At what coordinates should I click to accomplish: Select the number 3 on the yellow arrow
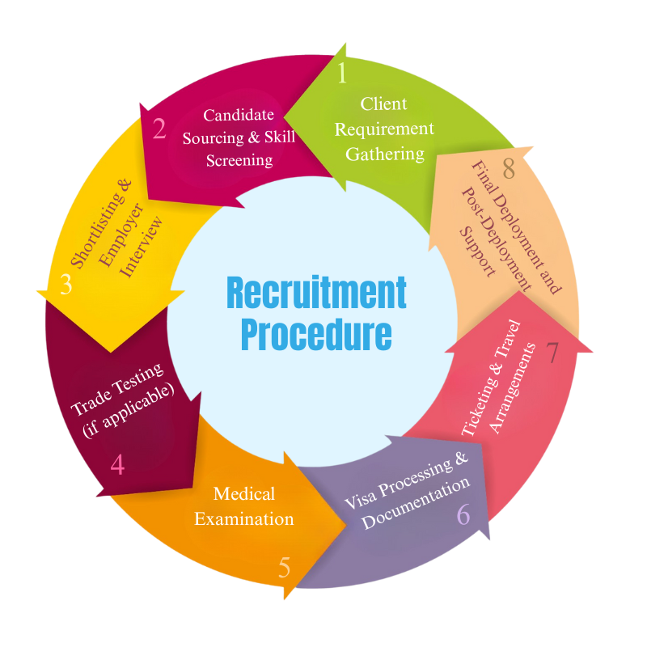point(66,285)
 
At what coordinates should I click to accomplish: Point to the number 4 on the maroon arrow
point(117,464)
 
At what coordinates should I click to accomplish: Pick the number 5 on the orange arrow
point(284,568)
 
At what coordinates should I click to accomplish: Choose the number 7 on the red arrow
point(552,353)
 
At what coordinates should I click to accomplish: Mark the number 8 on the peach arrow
point(509,169)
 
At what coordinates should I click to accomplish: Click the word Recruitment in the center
point(316,294)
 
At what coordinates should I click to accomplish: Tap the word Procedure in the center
point(316,334)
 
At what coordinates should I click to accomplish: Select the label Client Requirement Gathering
point(384,129)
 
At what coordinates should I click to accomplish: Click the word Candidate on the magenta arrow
point(239,115)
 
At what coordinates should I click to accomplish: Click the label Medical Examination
point(244,505)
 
